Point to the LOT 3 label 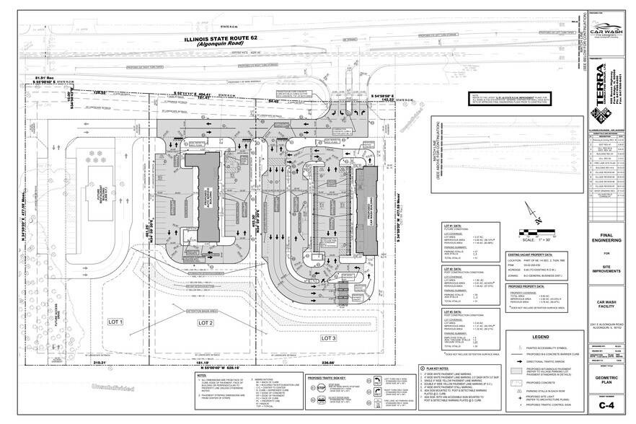[329, 337]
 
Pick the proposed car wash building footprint [366, 210]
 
